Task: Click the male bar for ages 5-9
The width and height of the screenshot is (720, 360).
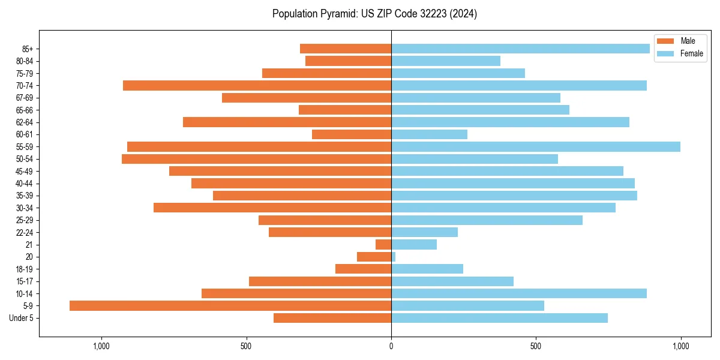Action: click(x=230, y=305)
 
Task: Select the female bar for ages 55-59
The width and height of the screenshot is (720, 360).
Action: click(x=536, y=146)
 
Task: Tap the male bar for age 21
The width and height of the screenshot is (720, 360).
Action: click(x=383, y=244)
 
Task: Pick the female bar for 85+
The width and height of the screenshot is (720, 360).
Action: click(x=520, y=49)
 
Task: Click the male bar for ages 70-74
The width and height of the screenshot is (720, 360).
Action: click(x=257, y=85)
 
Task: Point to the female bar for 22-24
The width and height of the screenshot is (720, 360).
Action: click(x=424, y=232)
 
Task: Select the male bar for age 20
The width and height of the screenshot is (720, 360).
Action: click(x=374, y=257)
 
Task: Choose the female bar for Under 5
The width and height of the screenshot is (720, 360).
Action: click(x=499, y=318)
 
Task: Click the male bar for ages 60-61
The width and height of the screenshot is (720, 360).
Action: click(x=352, y=134)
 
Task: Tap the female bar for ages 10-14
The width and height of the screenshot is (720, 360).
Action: click(x=519, y=293)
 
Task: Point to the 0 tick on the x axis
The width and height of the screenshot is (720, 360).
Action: click(x=391, y=346)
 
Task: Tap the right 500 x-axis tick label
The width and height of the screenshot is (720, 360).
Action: click(x=536, y=346)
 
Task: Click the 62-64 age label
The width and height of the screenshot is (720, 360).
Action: click(x=25, y=122)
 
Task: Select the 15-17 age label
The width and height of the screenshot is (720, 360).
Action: click(x=25, y=281)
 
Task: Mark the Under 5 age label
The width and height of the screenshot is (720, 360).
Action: click(x=21, y=318)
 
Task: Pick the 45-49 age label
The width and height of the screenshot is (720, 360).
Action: click(x=25, y=171)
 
